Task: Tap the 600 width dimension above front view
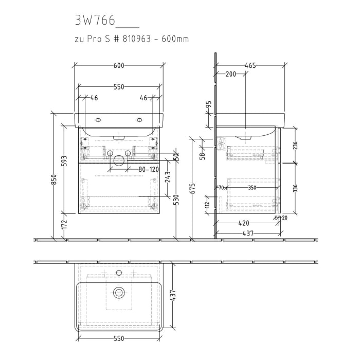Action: pos(119,65)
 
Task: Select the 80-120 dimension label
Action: pos(148,169)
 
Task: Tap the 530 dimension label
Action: pos(176,200)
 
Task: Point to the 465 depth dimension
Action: pos(250,65)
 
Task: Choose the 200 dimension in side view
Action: pos(231,74)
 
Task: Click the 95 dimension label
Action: pos(209,105)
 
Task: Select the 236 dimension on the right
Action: pos(295,146)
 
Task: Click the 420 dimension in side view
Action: pos(244,223)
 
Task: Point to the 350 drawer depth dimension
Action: pos(252,188)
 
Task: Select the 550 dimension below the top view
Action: pos(119,339)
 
